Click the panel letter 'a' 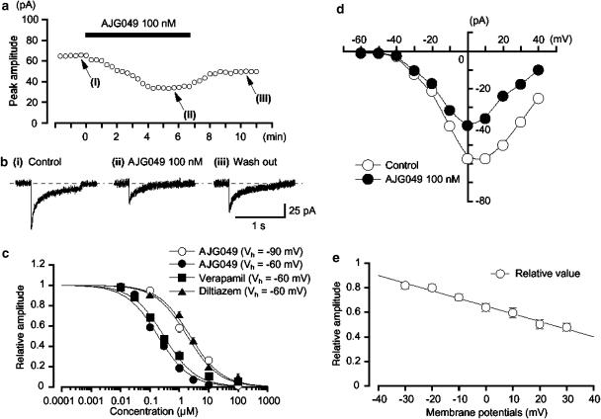pos(7,9)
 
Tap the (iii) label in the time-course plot pos(263,96)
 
